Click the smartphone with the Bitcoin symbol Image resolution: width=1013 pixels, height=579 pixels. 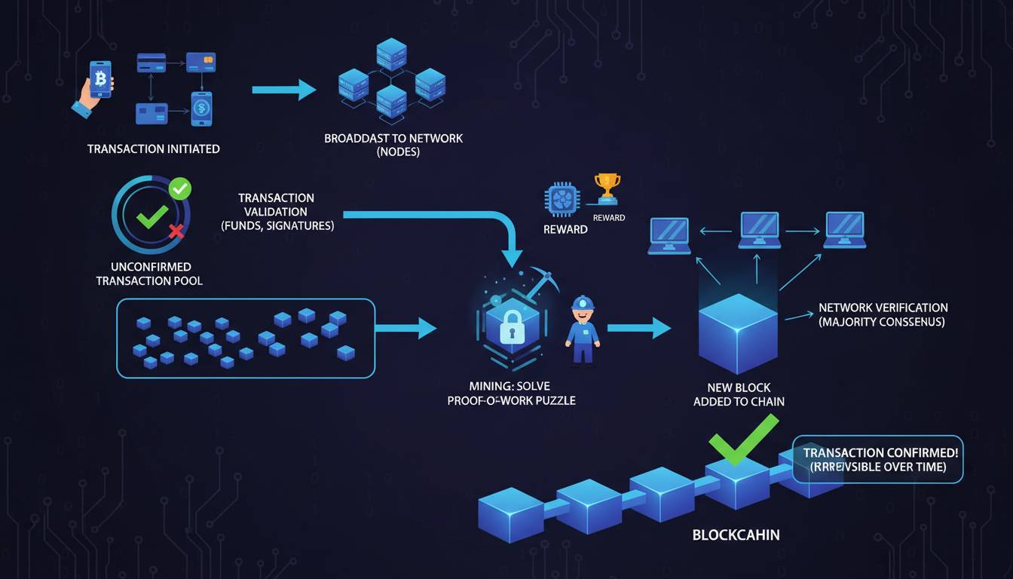[99, 78]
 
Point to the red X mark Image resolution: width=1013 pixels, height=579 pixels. [176, 230]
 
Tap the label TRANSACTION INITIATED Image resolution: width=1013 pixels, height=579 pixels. [153, 149]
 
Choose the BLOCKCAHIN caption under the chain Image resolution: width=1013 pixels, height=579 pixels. [735, 535]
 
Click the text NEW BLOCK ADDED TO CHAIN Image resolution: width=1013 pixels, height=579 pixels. [739, 394]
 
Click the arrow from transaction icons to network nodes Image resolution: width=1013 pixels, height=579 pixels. [283, 90]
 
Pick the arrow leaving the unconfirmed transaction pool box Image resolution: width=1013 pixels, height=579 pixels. [406, 328]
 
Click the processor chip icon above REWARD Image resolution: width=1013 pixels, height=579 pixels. [562, 199]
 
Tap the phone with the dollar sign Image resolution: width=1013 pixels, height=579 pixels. [201, 109]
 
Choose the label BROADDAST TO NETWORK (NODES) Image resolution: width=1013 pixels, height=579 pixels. [393, 145]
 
